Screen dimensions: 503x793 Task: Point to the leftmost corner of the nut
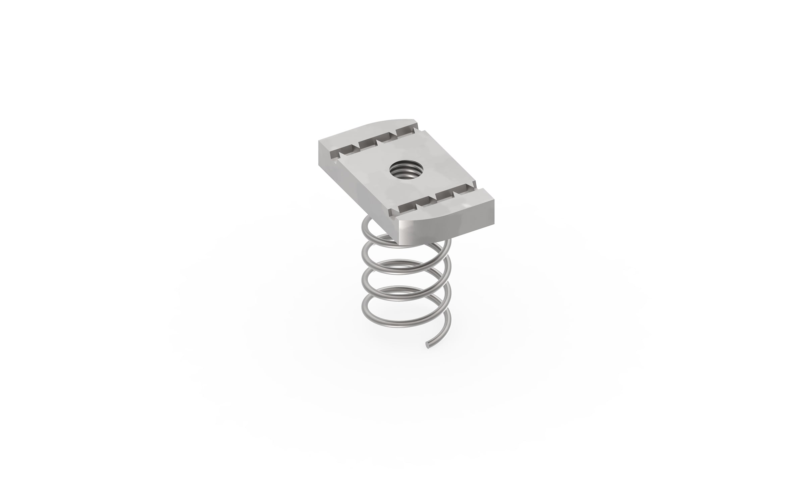tap(319, 143)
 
